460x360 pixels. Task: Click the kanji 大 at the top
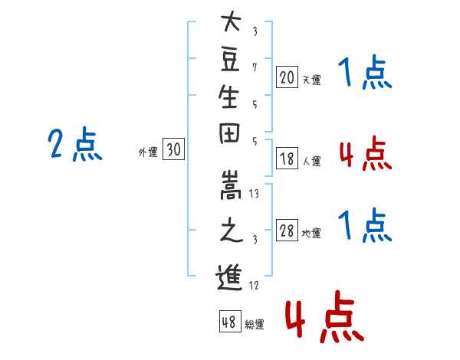tap(232, 21)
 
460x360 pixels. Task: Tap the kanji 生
tap(228, 97)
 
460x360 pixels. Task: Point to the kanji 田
tap(229, 133)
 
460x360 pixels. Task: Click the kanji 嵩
tap(231, 185)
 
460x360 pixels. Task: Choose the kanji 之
tap(232, 230)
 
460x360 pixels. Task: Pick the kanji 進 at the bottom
tap(229, 277)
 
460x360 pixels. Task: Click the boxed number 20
tap(287, 77)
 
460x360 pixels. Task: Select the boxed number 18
tap(287, 159)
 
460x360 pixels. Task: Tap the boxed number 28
tap(287, 230)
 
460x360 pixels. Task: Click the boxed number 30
tap(173, 149)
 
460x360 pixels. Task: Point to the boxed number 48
tap(230, 321)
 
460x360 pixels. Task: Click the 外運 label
tap(148, 152)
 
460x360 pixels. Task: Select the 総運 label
tap(255, 324)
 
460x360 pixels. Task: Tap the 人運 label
tap(312, 161)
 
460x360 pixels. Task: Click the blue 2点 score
tap(75, 144)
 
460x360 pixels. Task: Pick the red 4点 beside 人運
tap(366, 153)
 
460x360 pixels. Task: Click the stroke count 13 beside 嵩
tap(254, 194)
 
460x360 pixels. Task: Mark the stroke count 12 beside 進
tap(254, 285)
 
